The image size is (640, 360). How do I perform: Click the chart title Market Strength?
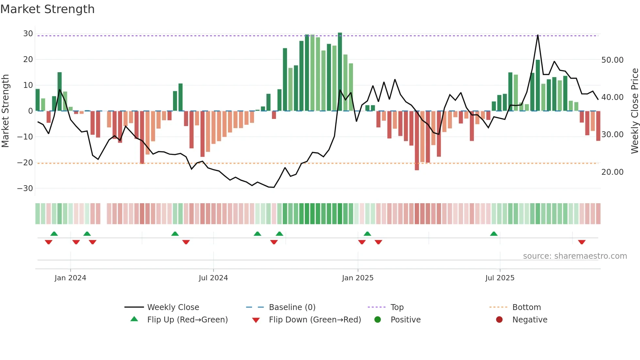pyautogui.click(x=47, y=9)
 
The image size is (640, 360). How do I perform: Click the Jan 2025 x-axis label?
pyautogui.click(x=358, y=278)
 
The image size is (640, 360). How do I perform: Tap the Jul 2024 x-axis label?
pyautogui.click(x=213, y=278)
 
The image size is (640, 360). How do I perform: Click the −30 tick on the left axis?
pyautogui.click(x=25, y=188)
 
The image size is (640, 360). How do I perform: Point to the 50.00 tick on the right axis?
pyautogui.click(x=612, y=60)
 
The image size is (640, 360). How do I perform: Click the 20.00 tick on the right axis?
pyautogui.click(x=612, y=172)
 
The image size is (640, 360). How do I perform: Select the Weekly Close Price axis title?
pyautogui.click(x=634, y=111)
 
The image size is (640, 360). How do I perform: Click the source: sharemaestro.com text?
pyautogui.click(x=575, y=256)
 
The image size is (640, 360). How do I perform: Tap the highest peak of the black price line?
pyautogui.click(x=538, y=35)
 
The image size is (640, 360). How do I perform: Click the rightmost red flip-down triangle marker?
pyautogui.click(x=582, y=242)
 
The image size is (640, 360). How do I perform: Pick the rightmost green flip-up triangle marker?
pyautogui.click(x=494, y=234)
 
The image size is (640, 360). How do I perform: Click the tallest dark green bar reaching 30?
pyautogui.click(x=340, y=72)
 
